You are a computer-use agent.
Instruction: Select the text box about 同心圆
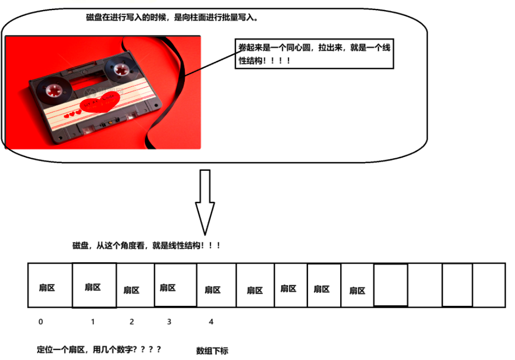[314, 54]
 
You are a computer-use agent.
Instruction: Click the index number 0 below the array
[41, 322]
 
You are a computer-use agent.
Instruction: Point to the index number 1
[93, 322]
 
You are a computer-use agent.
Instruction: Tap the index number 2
[132, 322]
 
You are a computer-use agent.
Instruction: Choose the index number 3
[169, 322]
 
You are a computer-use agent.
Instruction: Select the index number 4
[211, 322]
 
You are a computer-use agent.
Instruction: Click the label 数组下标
[212, 351]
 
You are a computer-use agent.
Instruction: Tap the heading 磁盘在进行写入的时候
[172, 18]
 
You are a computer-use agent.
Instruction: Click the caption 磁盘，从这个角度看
[146, 246]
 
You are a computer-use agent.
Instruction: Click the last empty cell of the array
[489, 285]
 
